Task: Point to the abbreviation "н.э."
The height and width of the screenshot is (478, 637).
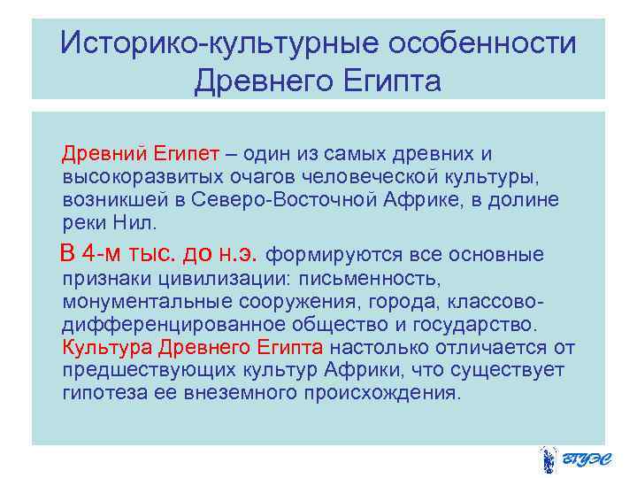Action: pyautogui.click(x=238, y=254)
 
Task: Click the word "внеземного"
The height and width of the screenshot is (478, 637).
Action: pyautogui.click(x=245, y=391)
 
